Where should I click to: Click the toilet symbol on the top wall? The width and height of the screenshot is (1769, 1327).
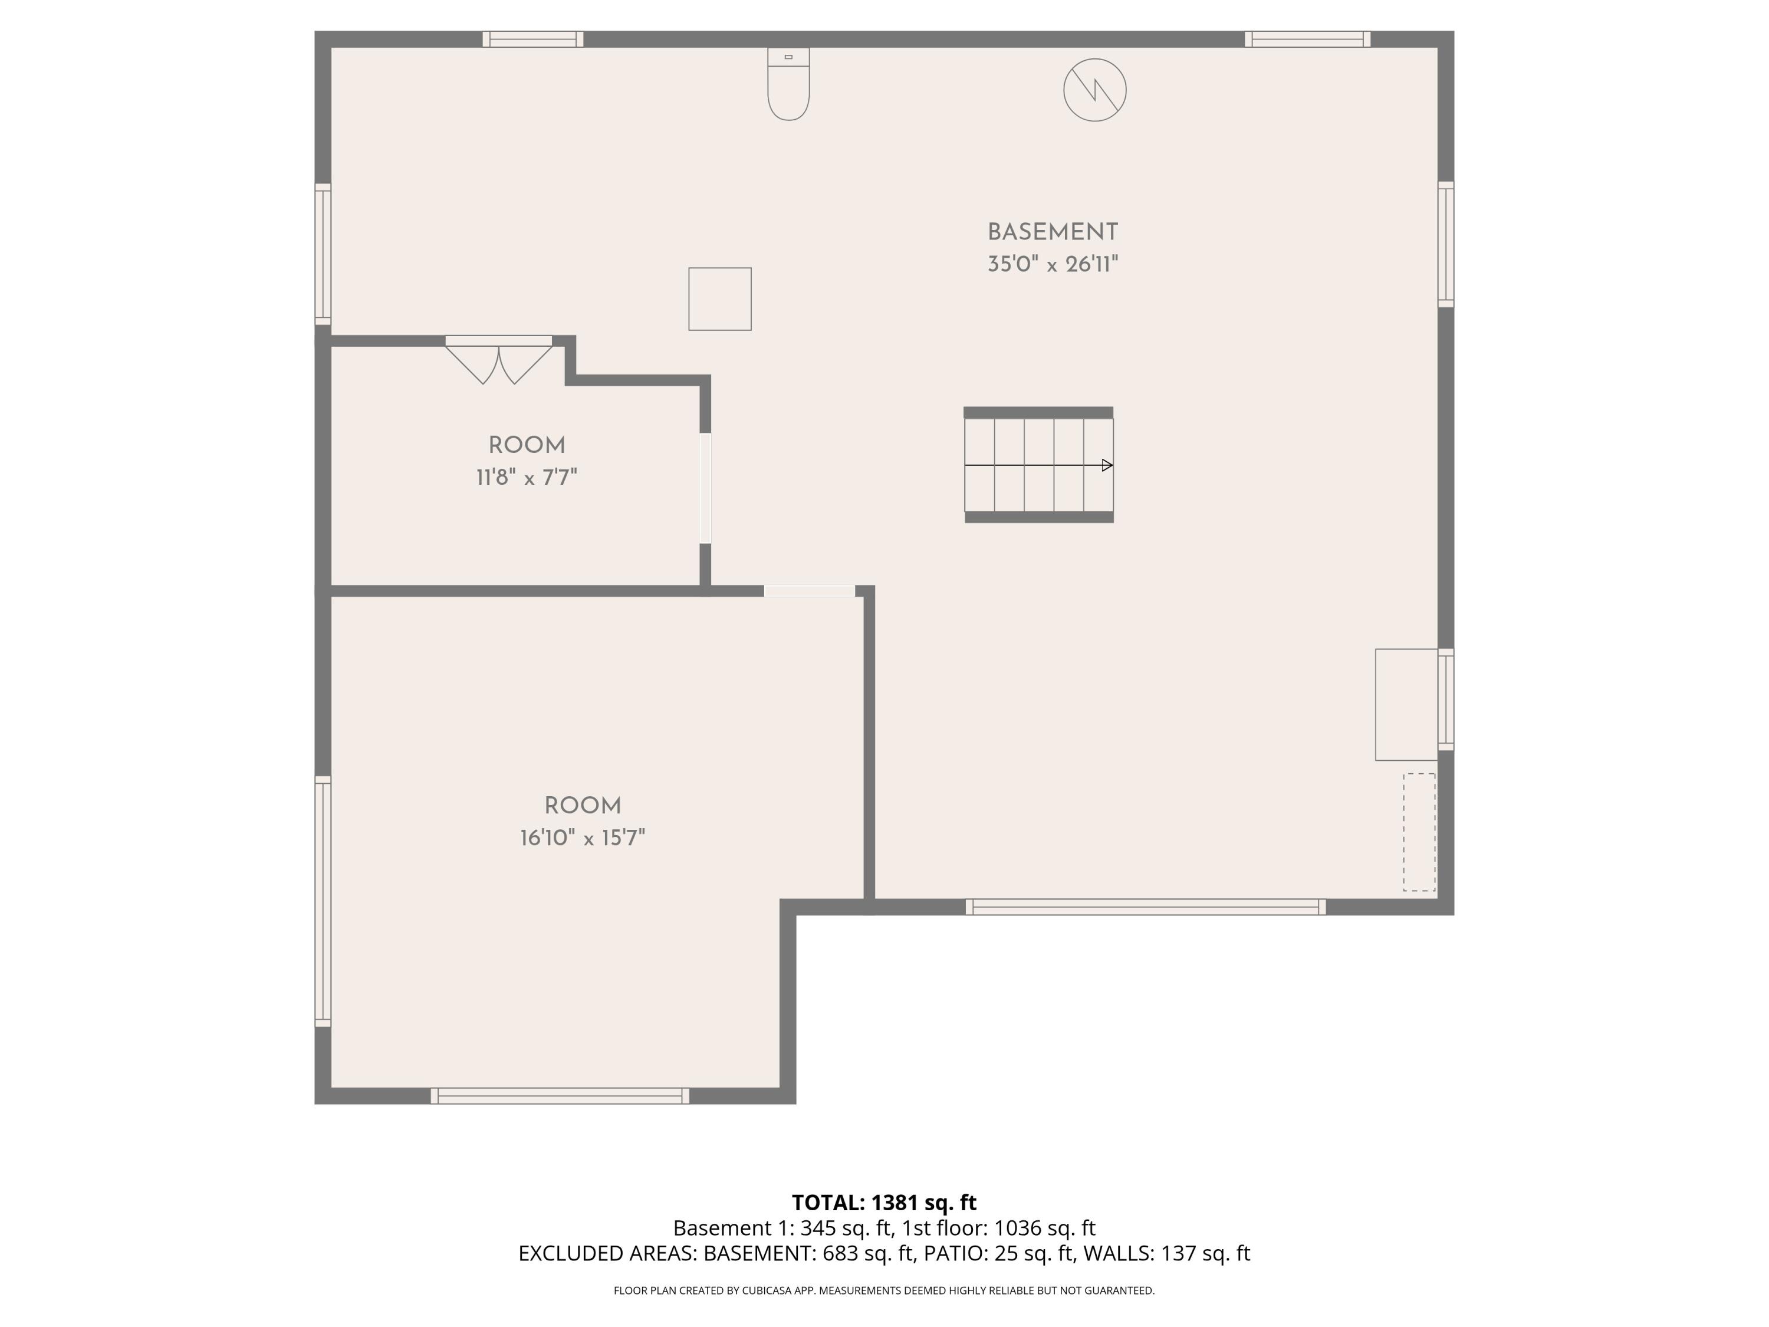[788, 84]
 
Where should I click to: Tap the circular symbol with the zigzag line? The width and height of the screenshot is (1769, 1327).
[1095, 90]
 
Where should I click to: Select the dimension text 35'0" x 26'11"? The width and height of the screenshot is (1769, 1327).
[1053, 265]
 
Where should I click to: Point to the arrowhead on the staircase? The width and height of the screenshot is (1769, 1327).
[1107, 465]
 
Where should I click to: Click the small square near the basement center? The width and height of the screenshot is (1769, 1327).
[720, 299]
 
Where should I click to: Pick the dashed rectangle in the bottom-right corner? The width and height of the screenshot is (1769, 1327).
[1419, 832]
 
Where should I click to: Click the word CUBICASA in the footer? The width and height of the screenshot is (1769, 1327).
[768, 1290]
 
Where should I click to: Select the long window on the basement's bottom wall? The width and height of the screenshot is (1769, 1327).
[1145, 906]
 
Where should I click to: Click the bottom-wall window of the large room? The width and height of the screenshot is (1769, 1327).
[560, 1096]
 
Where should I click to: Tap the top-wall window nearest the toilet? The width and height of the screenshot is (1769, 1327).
[532, 39]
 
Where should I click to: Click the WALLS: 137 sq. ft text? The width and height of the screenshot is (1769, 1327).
[1166, 1253]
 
